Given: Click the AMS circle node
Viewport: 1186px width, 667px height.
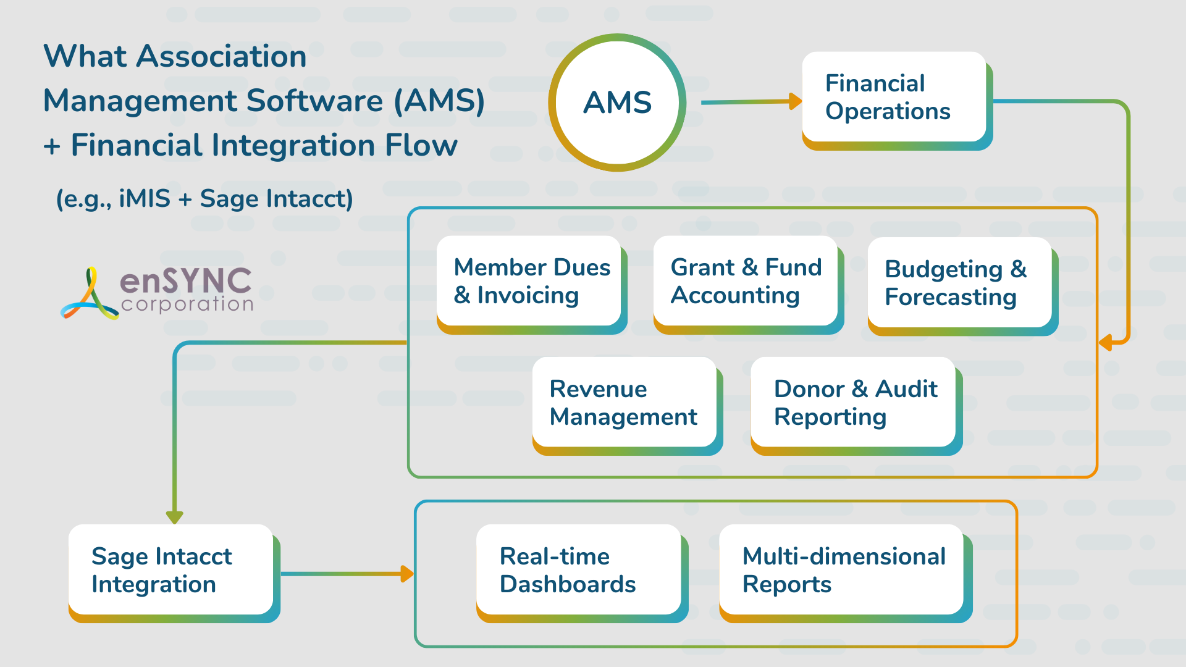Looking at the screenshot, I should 617,103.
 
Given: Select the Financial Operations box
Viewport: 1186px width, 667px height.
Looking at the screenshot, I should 894,98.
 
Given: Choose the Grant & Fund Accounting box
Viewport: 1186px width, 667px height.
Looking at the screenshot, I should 746,282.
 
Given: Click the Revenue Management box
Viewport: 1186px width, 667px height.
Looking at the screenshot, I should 625,403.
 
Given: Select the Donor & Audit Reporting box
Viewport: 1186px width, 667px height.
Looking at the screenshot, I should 854,403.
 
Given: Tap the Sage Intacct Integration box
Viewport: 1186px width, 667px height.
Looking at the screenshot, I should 171,570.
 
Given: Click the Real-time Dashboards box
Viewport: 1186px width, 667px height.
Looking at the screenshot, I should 579,570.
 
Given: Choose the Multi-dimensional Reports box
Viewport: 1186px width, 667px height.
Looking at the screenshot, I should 842,570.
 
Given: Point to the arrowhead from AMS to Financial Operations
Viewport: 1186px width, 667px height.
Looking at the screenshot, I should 795,101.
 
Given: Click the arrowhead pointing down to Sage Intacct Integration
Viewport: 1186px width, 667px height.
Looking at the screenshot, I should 175,517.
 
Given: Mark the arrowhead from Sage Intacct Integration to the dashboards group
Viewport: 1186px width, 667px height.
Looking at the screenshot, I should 406,574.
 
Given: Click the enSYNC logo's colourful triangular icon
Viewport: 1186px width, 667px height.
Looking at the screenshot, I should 90,295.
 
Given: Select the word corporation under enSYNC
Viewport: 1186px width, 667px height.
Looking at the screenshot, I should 187,304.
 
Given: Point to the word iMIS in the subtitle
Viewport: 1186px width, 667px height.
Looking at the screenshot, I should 144,199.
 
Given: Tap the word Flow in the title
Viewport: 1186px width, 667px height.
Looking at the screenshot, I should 421,146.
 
